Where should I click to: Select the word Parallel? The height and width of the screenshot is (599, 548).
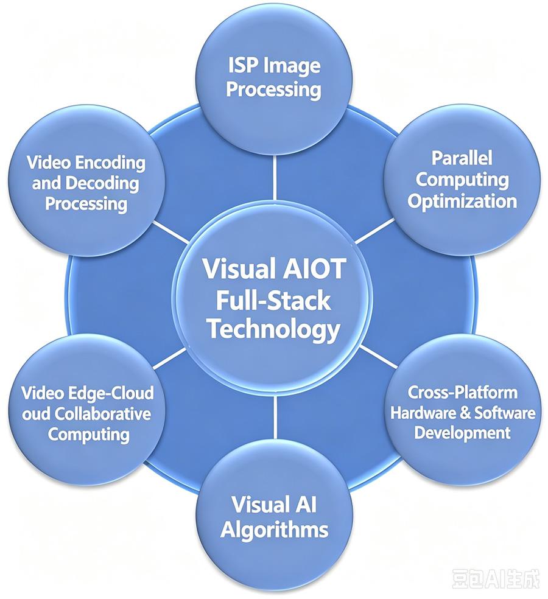click(462, 158)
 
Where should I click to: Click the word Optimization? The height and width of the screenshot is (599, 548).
click(462, 201)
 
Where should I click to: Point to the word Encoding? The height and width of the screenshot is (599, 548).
click(110, 164)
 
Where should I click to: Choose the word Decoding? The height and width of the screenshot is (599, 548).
click(102, 184)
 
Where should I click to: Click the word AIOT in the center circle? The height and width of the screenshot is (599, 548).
click(315, 268)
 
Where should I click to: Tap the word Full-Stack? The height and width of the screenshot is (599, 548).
click(273, 300)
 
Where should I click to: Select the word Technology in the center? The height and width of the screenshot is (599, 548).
click(273, 330)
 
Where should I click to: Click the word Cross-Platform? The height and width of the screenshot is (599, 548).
click(462, 392)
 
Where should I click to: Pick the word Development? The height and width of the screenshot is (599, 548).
click(462, 433)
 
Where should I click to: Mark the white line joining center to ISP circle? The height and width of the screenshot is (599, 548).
click(275, 177)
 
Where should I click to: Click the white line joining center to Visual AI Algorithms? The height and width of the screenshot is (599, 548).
click(275, 417)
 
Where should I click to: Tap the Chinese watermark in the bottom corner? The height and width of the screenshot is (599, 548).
click(496, 579)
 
